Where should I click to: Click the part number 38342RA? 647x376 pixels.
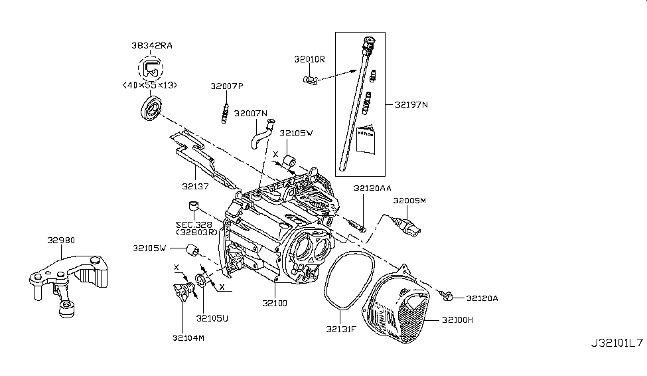pos(151,47)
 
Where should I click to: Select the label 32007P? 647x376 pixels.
pos(227,86)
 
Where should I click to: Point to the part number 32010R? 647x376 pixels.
pos(310,59)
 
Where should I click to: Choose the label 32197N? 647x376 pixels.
pos(411,104)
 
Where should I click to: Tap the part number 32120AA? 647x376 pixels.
pos(372,189)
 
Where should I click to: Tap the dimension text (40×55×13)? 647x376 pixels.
pos(151,85)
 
